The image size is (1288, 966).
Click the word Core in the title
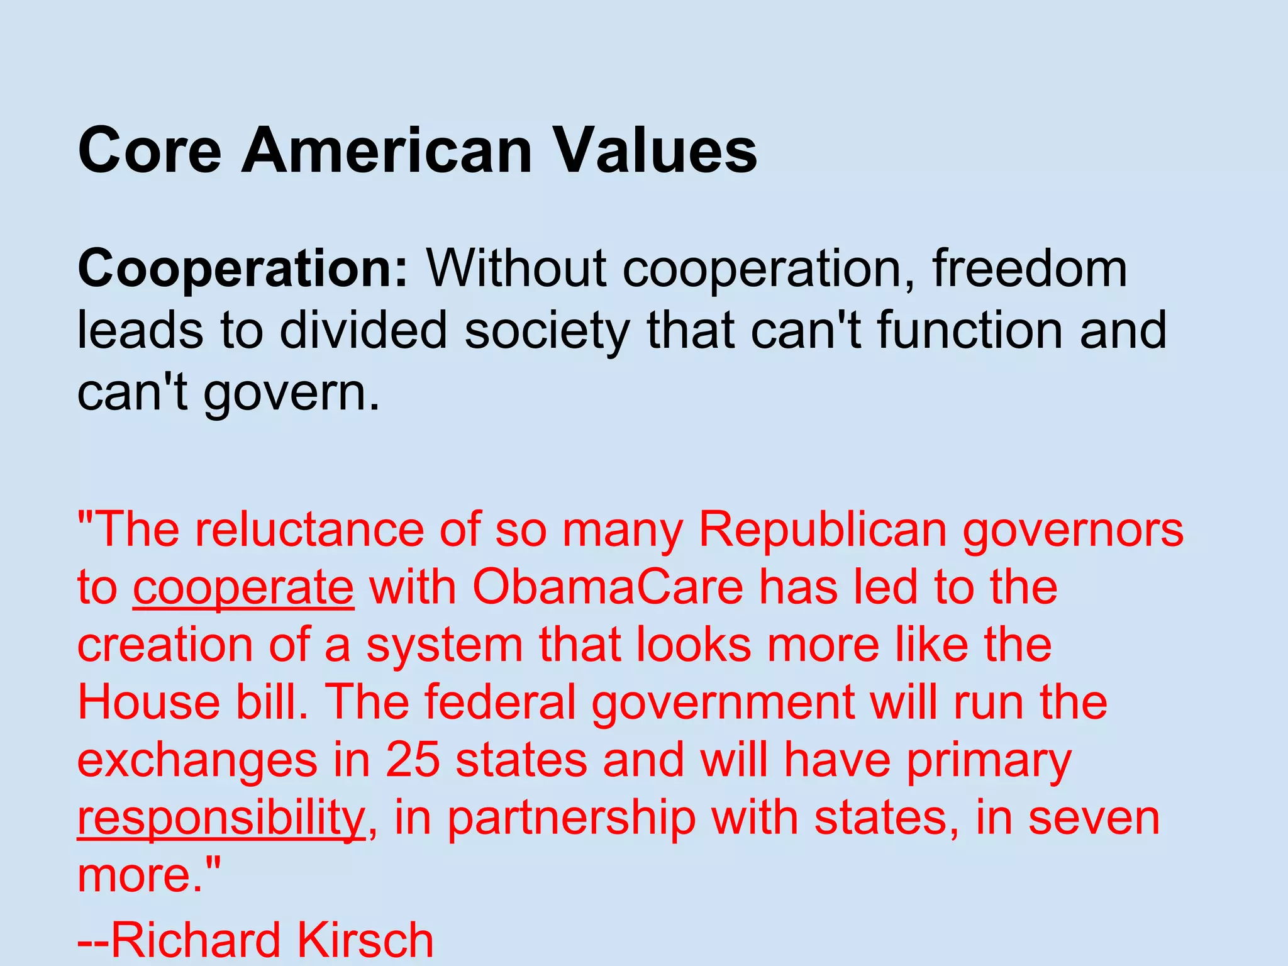(150, 151)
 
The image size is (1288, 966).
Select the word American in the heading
(387, 151)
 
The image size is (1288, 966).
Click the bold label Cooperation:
(243, 269)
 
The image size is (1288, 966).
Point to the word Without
(516, 269)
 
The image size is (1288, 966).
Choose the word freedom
(1030, 269)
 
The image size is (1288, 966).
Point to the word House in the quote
(148, 702)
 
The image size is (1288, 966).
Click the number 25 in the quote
(413, 760)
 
